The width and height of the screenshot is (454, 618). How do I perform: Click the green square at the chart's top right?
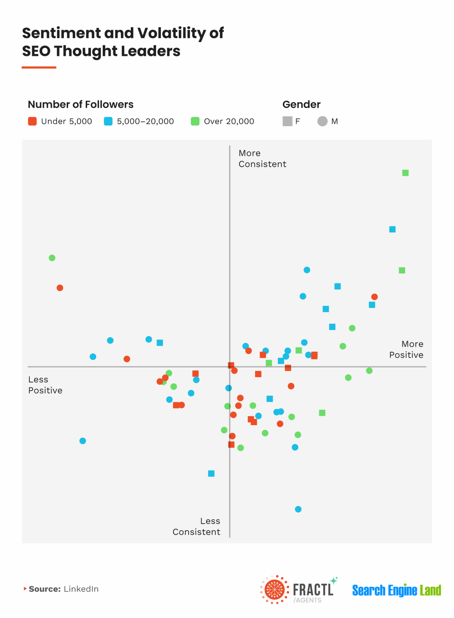405,173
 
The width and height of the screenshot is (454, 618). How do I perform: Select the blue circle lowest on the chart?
298,509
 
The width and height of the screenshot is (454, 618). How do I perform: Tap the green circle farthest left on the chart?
52,258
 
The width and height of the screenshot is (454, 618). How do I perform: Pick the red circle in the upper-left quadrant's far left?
60,288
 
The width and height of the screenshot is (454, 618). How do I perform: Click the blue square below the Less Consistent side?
211,473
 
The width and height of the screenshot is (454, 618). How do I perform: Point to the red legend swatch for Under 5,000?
32,121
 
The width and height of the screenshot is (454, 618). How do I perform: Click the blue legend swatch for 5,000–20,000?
108,121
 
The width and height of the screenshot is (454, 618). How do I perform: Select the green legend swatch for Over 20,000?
195,121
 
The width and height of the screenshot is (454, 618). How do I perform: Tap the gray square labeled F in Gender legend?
287,121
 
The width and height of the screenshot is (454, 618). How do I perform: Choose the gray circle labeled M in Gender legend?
322,121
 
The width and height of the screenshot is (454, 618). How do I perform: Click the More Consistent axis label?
262,159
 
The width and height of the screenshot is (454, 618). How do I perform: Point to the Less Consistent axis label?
197,526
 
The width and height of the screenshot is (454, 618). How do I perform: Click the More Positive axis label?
406,349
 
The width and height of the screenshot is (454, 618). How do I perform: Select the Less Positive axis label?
45,385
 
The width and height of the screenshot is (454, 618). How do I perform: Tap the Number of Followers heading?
80,104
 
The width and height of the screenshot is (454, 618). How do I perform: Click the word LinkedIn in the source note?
81,589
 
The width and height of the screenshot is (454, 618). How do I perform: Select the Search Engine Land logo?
396,590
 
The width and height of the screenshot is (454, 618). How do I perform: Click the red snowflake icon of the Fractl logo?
274,589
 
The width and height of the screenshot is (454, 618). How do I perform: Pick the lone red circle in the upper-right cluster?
374,297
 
